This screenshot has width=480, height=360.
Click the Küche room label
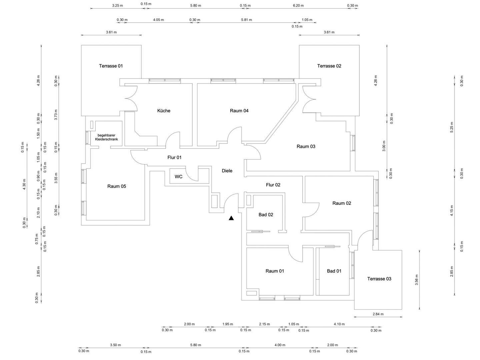coord(164,111)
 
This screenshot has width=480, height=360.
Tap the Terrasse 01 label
coord(111,66)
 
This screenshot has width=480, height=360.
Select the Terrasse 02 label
coord(329,66)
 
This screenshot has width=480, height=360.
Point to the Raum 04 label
coord(239,111)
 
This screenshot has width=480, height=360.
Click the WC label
coord(178,177)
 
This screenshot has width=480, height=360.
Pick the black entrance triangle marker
coord(231,218)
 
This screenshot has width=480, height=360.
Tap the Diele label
coord(227,171)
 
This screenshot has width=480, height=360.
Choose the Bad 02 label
coord(266,214)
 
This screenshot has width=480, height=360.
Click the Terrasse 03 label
coord(379,279)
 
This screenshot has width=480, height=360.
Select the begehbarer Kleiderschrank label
coord(106,137)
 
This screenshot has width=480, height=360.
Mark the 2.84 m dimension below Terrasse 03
coord(378,314)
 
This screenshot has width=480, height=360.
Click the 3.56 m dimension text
coord(416,280)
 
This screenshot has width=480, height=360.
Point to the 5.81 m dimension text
coord(246,20)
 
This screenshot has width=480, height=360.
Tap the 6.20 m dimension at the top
coord(298,5)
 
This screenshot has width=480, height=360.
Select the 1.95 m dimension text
coord(227,324)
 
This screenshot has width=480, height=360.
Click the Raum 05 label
coord(117,186)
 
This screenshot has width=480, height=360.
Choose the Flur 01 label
coord(174,157)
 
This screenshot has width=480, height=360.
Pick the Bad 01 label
coord(334,271)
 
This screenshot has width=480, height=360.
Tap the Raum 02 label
coord(342,203)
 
